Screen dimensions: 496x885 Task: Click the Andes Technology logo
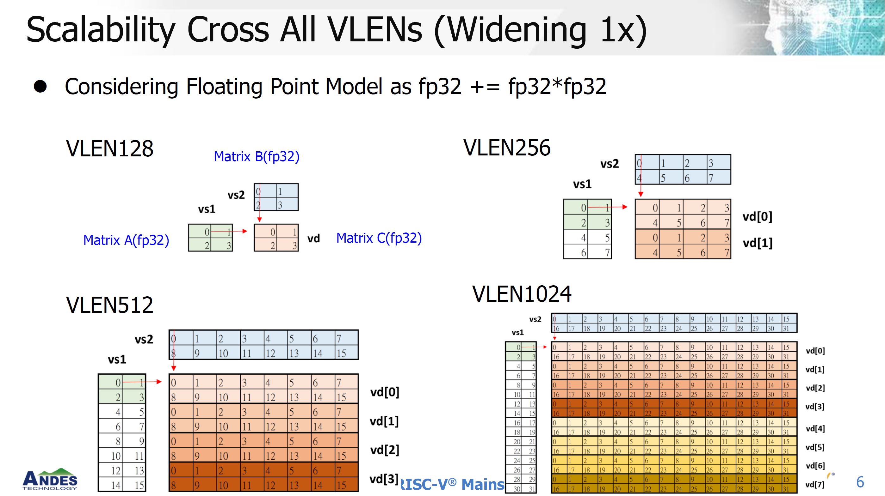[50, 480]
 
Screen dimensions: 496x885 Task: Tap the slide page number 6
[860, 482]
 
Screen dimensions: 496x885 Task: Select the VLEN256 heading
[507, 148]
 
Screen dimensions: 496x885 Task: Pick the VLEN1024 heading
[522, 294]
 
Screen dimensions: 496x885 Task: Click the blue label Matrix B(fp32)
[257, 156]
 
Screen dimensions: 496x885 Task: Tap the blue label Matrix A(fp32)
[126, 240]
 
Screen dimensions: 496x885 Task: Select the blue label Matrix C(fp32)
[379, 238]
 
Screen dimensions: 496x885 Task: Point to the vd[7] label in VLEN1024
[815, 484]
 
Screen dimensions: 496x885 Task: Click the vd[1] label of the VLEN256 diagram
[758, 243]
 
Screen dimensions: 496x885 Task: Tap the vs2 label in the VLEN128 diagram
[236, 195]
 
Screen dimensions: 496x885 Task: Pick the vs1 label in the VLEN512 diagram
[117, 360]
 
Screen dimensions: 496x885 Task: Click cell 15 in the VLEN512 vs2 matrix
[346, 353]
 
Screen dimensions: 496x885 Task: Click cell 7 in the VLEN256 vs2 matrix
[719, 178]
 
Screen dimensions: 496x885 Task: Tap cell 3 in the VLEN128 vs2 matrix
[287, 205]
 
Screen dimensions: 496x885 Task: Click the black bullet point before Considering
[40, 87]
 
